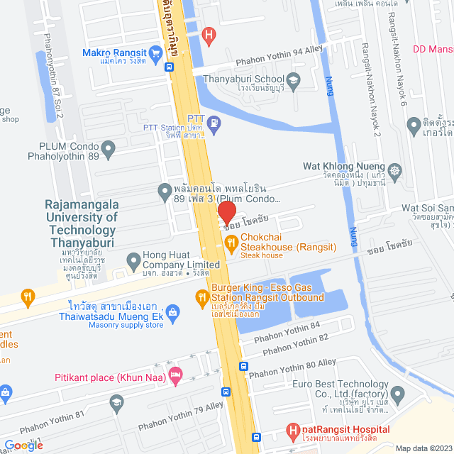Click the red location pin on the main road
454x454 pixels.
pos(226,212)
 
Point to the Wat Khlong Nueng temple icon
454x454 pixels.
pos(394,170)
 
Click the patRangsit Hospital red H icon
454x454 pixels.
pos(292,430)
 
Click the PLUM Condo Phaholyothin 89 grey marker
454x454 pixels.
pos(108,149)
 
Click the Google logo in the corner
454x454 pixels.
pos(23,445)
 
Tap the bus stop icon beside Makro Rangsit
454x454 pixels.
pos(169,67)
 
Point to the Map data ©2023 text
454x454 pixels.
pos(423,448)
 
